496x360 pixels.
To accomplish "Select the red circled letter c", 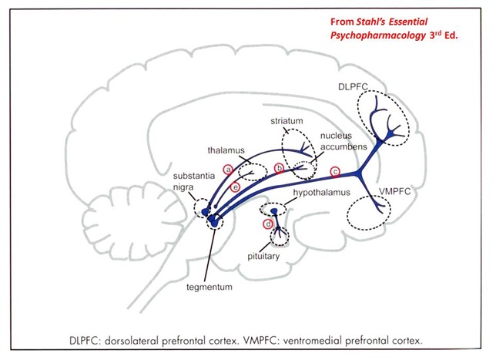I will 334,170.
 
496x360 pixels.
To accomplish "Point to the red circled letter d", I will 268,224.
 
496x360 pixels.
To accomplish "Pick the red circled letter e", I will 236,187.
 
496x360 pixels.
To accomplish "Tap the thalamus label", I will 225,152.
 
